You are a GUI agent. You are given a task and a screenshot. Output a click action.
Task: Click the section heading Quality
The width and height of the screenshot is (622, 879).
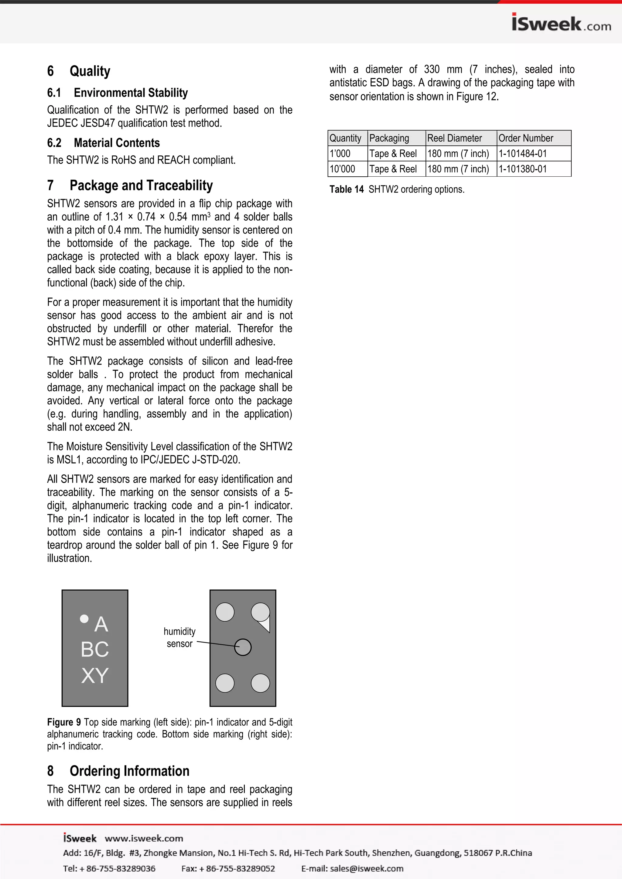pos(90,71)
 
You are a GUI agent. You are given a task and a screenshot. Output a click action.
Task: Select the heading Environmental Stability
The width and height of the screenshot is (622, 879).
pos(131,93)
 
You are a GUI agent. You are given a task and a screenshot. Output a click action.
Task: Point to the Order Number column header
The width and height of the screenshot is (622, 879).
pos(525,138)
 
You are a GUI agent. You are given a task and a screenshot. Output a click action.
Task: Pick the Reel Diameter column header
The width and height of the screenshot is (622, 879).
pos(454,138)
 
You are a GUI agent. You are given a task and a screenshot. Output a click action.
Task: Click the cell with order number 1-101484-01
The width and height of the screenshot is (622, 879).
pos(522,154)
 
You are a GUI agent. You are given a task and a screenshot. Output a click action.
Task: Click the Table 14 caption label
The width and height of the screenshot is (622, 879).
pos(346,189)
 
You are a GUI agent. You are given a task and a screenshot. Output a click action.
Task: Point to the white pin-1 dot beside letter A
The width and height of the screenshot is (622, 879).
pos(84,618)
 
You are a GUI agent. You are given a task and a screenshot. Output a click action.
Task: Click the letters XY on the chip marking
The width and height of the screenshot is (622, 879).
pos(95,675)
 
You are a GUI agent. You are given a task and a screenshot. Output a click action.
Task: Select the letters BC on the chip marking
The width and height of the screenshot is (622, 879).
pos(95,649)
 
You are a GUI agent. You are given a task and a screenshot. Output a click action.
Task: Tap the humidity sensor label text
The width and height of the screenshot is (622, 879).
pos(179,637)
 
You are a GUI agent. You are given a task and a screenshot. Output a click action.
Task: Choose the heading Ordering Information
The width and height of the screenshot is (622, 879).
pos(129,771)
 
